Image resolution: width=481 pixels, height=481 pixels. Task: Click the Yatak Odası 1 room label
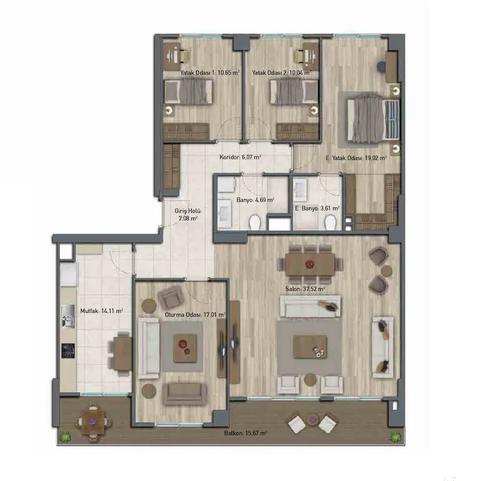click(x=210, y=73)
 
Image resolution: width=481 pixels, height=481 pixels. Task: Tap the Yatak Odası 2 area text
click(x=281, y=73)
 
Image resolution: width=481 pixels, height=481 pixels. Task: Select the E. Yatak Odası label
click(x=356, y=158)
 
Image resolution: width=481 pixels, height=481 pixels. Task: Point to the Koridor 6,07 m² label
click(x=240, y=157)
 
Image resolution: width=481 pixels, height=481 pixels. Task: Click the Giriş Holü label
click(x=188, y=215)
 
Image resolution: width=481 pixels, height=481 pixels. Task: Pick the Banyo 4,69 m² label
click(x=255, y=200)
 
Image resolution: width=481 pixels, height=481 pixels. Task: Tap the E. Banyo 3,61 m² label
click(x=317, y=208)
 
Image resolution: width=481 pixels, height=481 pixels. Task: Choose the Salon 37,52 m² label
click(x=305, y=289)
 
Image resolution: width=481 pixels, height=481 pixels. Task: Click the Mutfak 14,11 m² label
click(x=102, y=311)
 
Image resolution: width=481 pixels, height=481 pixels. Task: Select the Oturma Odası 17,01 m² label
click(x=195, y=314)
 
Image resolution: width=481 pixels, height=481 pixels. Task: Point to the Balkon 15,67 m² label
click(x=245, y=433)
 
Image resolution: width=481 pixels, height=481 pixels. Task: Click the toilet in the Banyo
click(x=255, y=222)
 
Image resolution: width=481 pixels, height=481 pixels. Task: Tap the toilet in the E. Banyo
click(x=330, y=222)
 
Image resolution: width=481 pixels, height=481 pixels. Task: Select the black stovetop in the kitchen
click(x=68, y=351)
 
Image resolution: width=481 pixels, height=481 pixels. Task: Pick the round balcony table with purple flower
click(x=92, y=423)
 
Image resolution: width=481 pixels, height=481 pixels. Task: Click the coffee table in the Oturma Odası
click(x=185, y=348)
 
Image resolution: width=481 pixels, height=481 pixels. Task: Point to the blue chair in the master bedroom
click(x=382, y=66)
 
